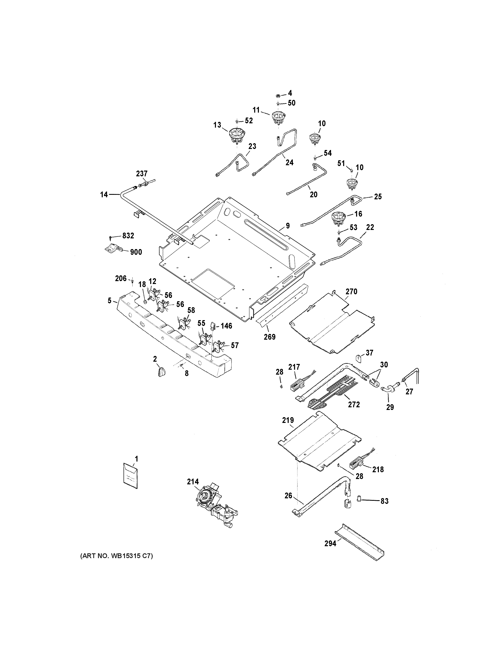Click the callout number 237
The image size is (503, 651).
(x=142, y=173)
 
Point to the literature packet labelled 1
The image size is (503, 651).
(x=130, y=480)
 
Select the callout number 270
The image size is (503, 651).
(x=351, y=292)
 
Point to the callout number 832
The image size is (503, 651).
(x=128, y=236)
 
